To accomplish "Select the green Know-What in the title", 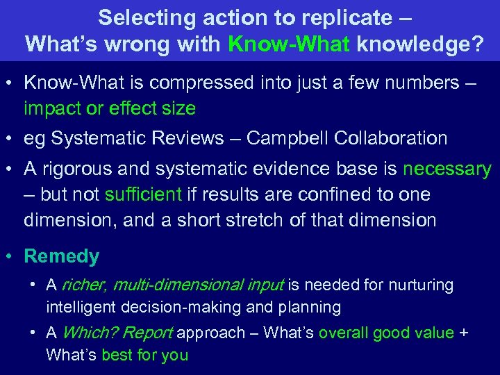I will pos(289,44).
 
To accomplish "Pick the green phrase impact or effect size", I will pos(110,109).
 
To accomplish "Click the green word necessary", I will pos(447,169).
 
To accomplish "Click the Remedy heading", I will pos(62,256).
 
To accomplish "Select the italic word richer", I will pos(84,285).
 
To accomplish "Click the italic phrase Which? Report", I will pos(117,333).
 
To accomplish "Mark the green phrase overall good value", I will pos(386,333).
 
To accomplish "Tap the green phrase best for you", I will pos(144,356).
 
